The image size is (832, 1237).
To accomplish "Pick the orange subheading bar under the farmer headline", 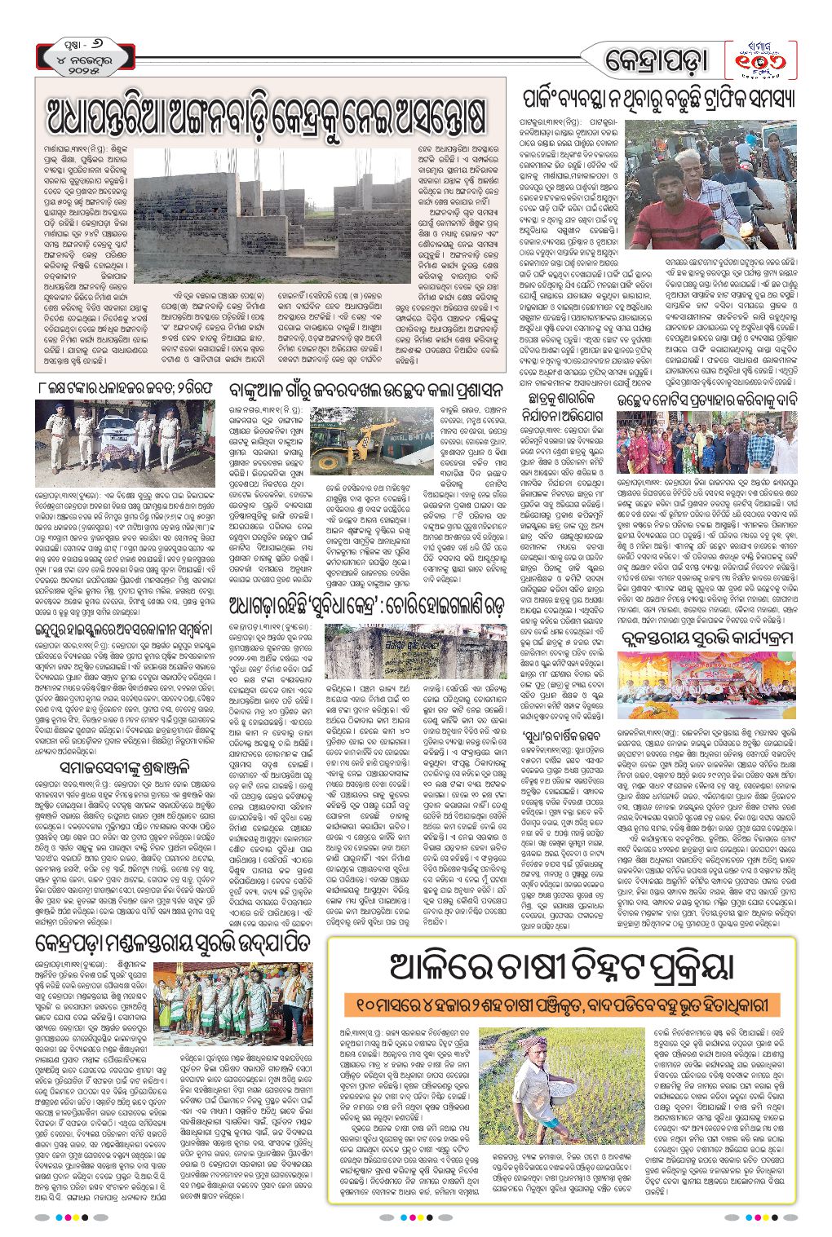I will [561, 1004].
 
